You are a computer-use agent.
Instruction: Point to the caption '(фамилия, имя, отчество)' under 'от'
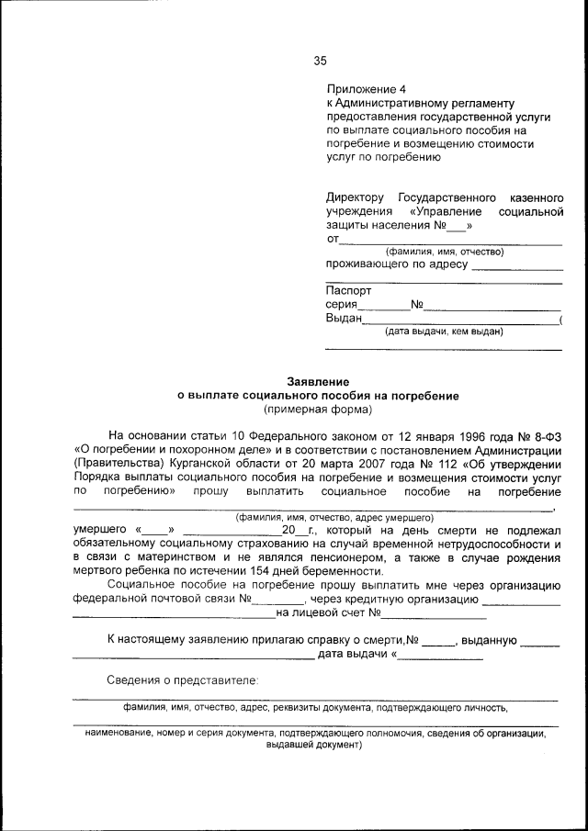(x=445, y=252)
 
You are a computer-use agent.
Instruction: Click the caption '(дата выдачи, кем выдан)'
(x=444, y=331)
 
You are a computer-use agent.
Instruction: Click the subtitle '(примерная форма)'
(x=317, y=409)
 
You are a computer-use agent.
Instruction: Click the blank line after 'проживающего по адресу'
(x=516, y=267)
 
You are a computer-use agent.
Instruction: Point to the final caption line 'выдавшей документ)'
(x=315, y=746)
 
